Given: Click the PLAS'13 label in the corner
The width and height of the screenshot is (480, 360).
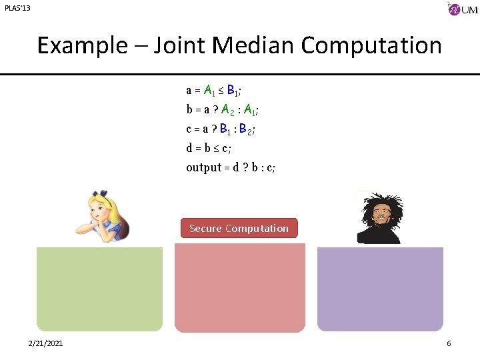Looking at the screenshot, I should pyautogui.click(x=17, y=8).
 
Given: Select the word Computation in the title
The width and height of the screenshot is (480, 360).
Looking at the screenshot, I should pyautogui.click(x=371, y=45).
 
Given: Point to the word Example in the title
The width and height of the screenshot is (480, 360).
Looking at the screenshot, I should pyautogui.click(x=81, y=45).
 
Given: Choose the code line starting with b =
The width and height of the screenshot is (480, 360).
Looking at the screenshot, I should pyautogui.click(x=222, y=109).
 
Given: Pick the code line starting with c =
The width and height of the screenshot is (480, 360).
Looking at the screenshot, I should pyautogui.click(x=220, y=129).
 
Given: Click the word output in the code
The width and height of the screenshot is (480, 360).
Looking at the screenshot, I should pyautogui.click(x=203, y=167).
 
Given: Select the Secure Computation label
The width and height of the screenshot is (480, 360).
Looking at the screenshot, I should pyautogui.click(x=239, y=229).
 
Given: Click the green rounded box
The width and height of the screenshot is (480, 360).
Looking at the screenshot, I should pyautogui.click(x=99, y=289).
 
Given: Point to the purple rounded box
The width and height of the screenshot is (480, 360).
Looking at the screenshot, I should pyautogui.click(x=380, y=289).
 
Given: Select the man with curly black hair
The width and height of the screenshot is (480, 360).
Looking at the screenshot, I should pyautogui.click(x=379, y=217).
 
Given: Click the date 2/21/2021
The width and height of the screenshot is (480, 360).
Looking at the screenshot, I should pyautogui.click(x=46, y=343).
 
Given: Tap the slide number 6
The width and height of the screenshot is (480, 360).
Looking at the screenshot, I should pyautogui.click(x=449, y=343).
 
